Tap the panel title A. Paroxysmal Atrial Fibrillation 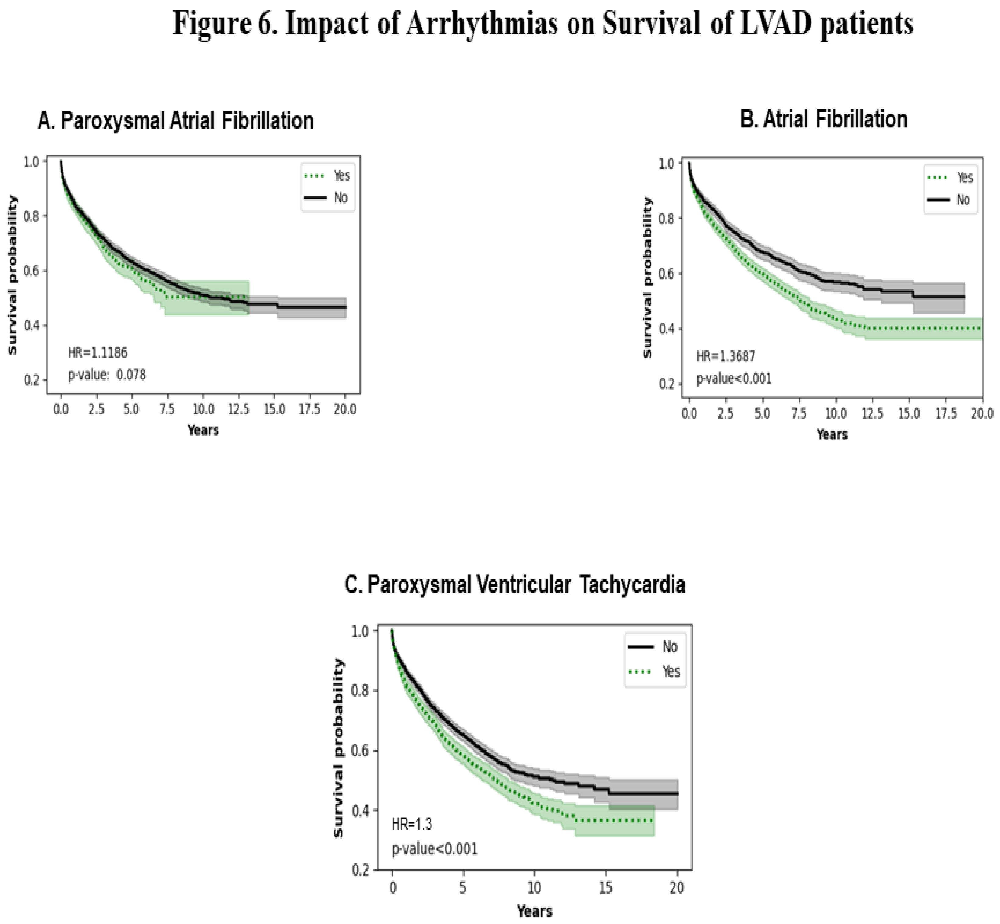[x=176, y=121]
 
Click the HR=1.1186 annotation [x=98, y=353]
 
